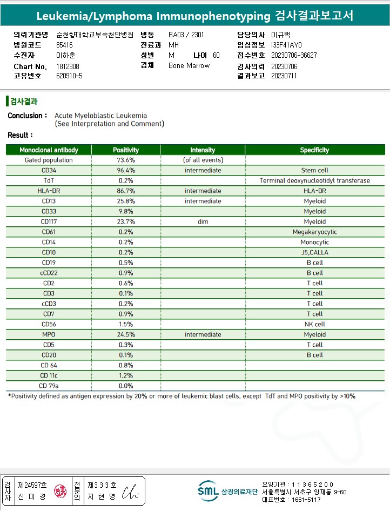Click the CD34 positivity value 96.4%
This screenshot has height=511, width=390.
pos(126,171)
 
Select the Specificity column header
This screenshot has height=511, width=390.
pos(314,150)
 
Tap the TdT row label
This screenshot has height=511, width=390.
pos(49,181)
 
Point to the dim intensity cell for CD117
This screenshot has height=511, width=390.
pos(203,222)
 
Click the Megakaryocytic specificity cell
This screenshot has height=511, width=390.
pos(314,232)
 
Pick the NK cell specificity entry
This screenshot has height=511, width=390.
pos(314,325)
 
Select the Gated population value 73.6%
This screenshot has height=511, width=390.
pos(126,160)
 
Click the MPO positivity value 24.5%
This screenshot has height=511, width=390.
pos(126,335)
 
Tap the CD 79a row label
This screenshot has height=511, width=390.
pos(49,386)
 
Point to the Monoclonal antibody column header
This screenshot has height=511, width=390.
pos(49,150)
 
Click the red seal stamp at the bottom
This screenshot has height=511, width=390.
pos(60,492)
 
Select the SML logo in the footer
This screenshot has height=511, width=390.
pos(208,490)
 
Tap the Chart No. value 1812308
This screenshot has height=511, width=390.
pos(68,66)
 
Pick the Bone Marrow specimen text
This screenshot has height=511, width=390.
pos(189,66)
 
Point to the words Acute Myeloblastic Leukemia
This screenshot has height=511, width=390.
pos(100,116)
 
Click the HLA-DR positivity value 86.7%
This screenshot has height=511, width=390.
pos(126,191)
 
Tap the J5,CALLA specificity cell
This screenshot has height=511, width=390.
pos(314,253)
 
